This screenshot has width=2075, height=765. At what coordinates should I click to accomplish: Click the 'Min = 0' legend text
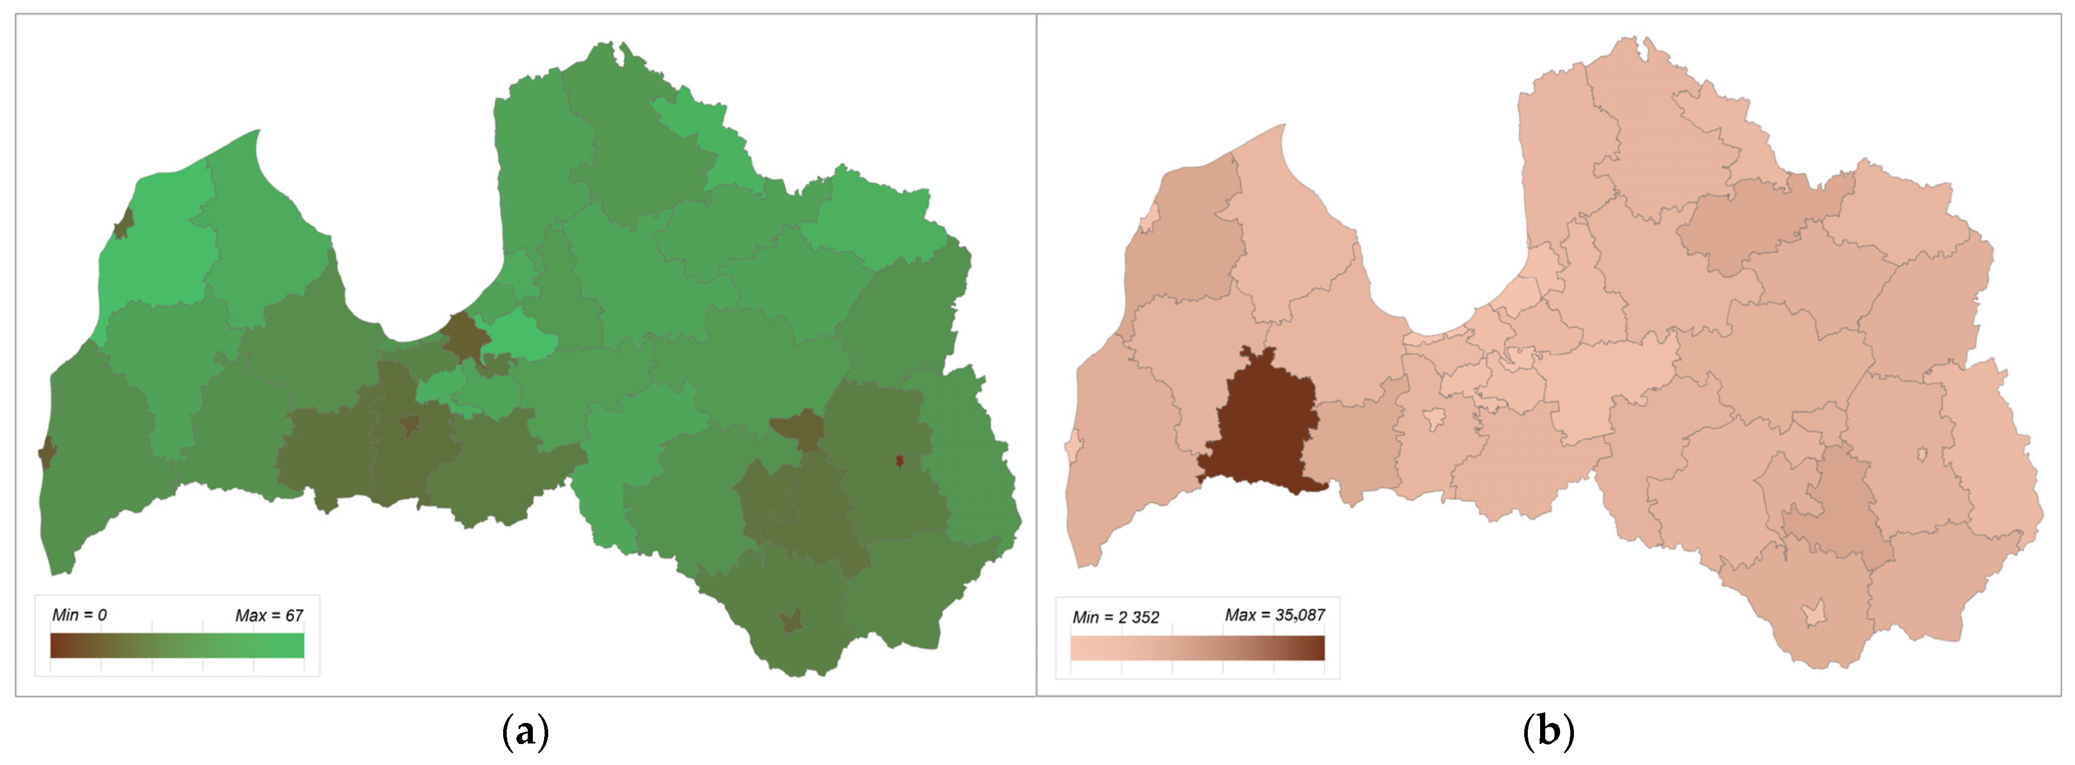point(79,615)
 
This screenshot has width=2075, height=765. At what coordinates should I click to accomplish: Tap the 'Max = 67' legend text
point(269,616)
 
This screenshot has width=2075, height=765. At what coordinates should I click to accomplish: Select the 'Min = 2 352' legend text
point(1116,617)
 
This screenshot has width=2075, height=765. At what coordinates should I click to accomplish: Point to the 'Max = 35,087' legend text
point(1274,615)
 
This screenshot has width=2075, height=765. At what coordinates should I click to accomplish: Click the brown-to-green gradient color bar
point(177,646)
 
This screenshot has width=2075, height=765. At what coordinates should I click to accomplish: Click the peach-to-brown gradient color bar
point(1197,648)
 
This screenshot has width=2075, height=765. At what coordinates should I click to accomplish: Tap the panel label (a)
point(525,732)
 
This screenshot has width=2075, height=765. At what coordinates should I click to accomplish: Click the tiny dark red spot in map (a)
point(900,461)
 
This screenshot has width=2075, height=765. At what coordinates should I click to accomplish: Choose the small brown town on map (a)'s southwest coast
point(47,453)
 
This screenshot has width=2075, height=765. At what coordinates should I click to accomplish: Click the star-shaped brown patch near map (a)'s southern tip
point(792,620)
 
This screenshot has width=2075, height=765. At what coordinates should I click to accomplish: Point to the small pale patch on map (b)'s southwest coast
point(1072,445)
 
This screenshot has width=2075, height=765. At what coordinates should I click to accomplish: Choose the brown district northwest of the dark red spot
point(797,429)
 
